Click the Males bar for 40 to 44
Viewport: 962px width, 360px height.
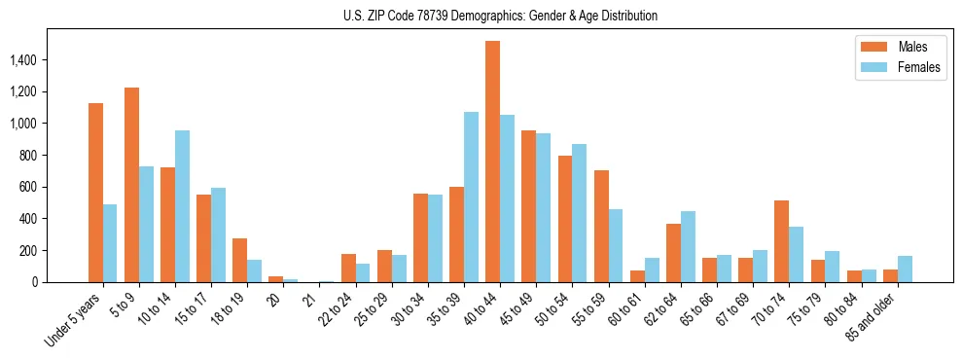click(x=492, y=162)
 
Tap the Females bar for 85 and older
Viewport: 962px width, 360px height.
click(x=905, y=270)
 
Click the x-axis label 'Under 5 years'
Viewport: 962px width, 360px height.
click(x=72, y=320)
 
